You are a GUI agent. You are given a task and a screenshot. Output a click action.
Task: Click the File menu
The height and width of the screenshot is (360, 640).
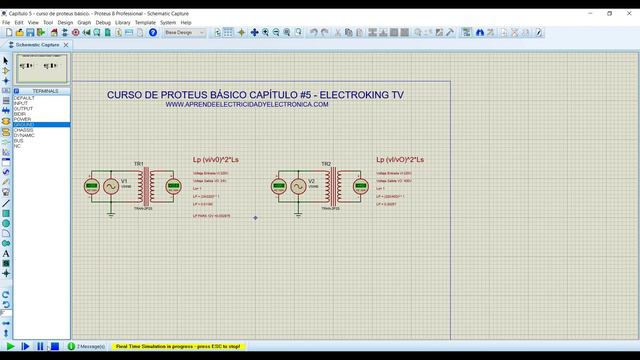[x=6, y=21]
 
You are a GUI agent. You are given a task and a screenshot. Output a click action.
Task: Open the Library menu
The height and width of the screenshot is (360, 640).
[x=122, y=21]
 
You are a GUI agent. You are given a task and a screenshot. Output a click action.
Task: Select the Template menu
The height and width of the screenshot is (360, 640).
[x=145, y=21]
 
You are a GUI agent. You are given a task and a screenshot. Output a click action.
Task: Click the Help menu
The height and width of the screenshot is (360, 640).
[x=186, y=21]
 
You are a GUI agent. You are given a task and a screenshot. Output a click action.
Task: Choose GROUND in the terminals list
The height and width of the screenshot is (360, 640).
[x=24, y=124]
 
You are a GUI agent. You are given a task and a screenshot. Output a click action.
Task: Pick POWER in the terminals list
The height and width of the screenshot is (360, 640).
[x=22, y=119]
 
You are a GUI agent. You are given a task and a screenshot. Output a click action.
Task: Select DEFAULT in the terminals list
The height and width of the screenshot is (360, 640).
[x=24, y=98]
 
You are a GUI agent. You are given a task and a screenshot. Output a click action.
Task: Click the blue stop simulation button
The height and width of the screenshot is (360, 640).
[x=56, y=346]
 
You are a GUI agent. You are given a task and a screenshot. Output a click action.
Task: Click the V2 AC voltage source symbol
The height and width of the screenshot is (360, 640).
[x=298, y=186]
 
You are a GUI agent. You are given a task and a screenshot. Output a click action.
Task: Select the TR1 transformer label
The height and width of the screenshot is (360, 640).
[x=139, y=163]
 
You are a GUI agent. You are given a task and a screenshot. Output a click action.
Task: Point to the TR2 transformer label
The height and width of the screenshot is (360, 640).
[x=326, y=163]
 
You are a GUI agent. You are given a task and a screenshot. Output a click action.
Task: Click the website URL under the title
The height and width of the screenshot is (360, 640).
[x=246, y=104]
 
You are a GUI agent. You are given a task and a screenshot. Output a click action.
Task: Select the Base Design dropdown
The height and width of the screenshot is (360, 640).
[x=185, y=32]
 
